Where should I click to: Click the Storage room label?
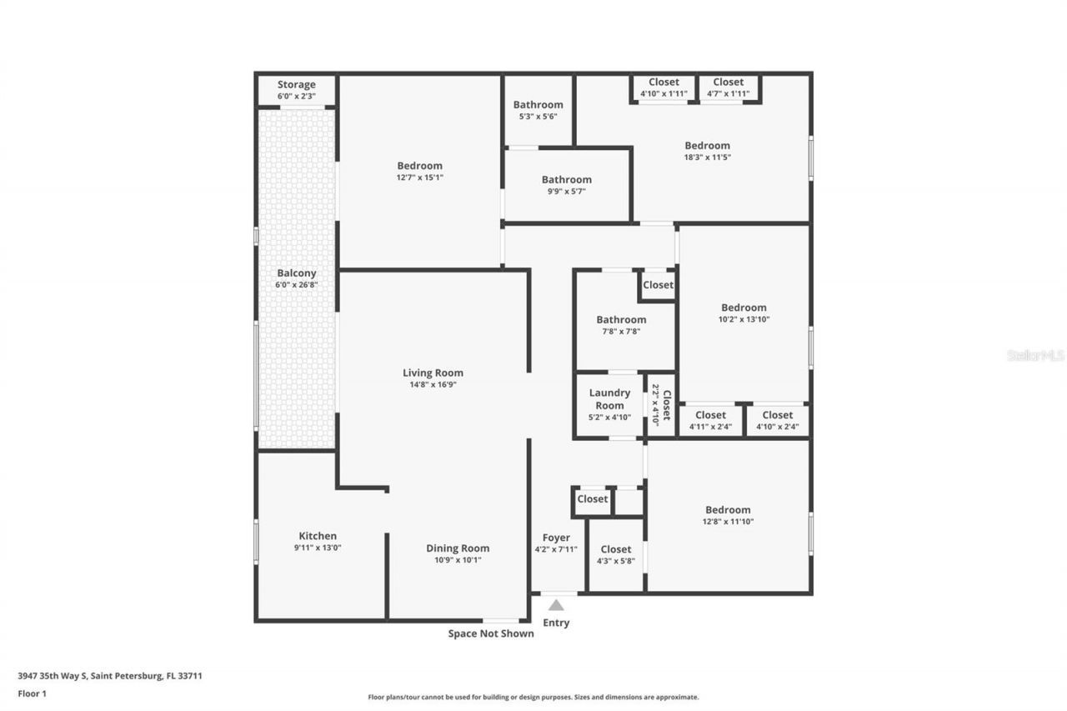click(296, 84)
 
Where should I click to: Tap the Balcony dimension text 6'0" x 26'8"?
click(296, 285)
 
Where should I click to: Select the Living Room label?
click(433, 373)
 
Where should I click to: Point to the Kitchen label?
click(318, 536)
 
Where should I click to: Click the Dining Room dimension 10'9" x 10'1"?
click(458, 560)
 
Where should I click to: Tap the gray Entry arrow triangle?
click(556, 605)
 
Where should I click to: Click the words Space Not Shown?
click(491, 633)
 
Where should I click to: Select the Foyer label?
click(556, 538)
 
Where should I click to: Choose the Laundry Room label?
click(609, 398)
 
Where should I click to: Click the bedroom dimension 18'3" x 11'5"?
click(707, 158)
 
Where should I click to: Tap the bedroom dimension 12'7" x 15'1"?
click(419, 178)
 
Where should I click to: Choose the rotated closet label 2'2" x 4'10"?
click(661, 403)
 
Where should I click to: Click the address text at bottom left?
click(110, 676)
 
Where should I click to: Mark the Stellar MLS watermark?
click(1035, 355)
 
